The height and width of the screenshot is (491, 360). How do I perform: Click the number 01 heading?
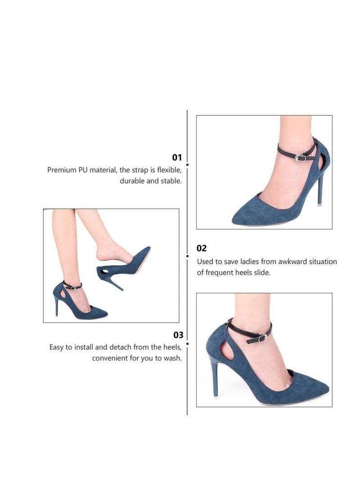pyautogui.click(x=177, y=158)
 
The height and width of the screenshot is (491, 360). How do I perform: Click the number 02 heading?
pyautogui.click(x=202, y=248)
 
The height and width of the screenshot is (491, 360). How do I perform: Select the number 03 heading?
pyautogui.click(x=178, y=335)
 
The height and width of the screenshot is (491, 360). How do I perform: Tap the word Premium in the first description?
pyautogui.click(x=62, y=170)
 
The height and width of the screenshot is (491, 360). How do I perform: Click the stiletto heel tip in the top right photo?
pyautogui.click(x=319, y=204)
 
